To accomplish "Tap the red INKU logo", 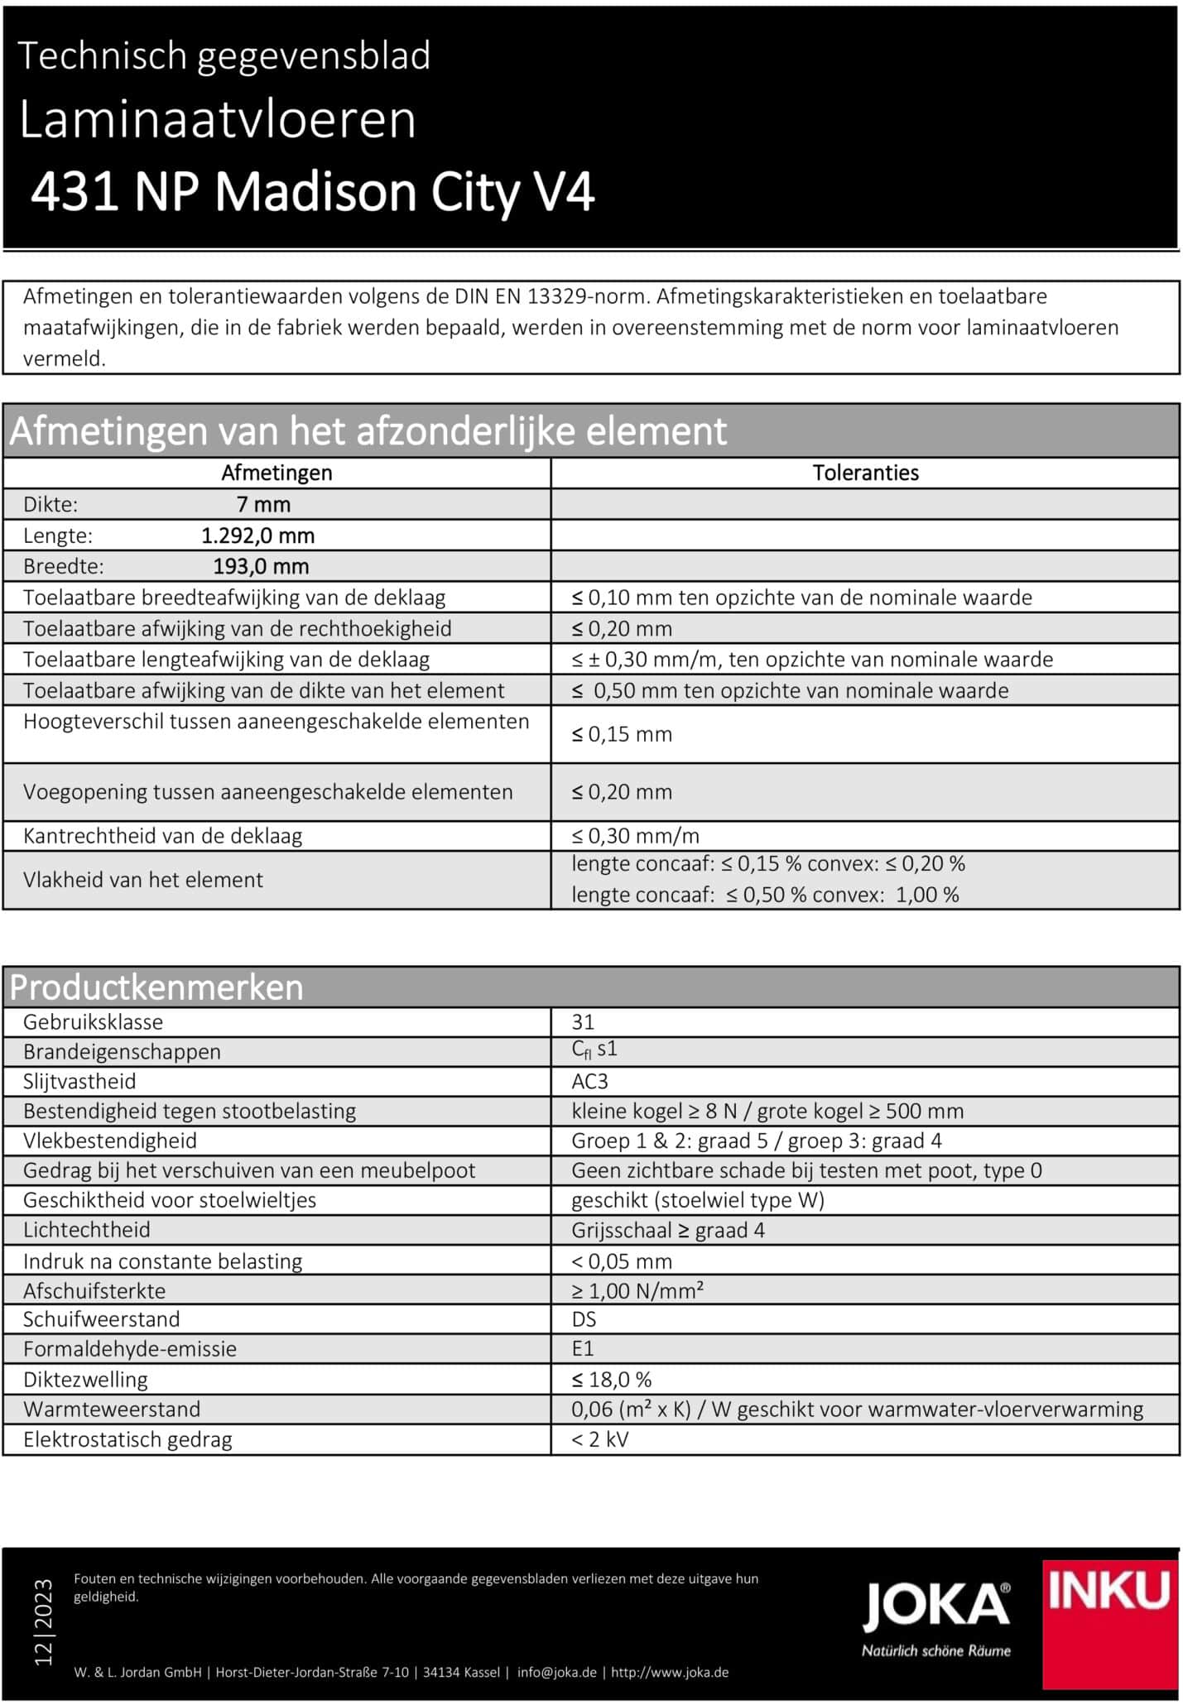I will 1110,1623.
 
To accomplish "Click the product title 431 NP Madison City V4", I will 313,193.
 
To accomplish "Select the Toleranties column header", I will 865,473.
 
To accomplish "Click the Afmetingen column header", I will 277,473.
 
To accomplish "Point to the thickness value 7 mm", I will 263,504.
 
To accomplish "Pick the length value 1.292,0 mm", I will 258,536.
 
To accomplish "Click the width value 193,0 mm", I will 261,567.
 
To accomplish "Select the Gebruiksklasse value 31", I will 583,1022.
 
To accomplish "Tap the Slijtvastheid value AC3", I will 589,1082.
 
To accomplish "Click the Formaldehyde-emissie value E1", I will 583,1349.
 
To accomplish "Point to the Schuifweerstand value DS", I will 584,1319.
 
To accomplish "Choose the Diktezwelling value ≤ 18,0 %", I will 612,1380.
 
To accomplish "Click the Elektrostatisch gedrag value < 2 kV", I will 599,1439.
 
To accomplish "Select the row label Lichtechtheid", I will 87,1230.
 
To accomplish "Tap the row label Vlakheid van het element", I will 143,880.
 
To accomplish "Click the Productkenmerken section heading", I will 156,987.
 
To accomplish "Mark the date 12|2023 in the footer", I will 43,1621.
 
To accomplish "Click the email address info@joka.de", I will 556,1672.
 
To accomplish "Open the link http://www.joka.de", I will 670,1672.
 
